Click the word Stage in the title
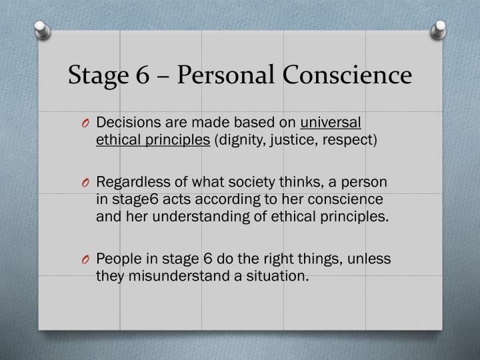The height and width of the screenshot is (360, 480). tap(96, 75)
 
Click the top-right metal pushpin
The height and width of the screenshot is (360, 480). tap(439, 28)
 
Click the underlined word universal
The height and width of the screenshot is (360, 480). tap(331, 123)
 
